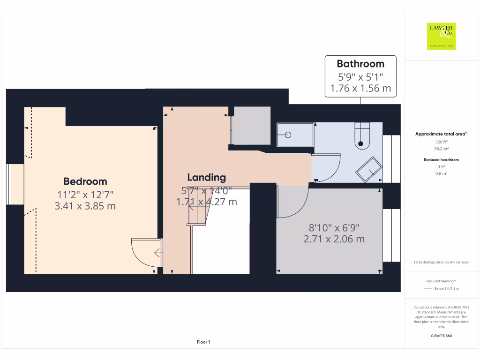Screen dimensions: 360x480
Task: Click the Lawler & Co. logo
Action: tap(441, 36)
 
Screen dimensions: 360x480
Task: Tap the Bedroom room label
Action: tap(85, 181)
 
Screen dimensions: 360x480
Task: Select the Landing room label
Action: tap(206, 177)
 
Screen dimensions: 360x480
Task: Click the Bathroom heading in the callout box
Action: tap(360, 64)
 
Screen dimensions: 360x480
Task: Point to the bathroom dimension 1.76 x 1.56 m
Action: tap(360, 88)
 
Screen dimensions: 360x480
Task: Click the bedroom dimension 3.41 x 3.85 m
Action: tap(85, 205)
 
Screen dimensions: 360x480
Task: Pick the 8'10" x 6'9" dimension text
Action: tap(334, 228)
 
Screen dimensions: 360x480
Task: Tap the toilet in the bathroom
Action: tap(362, 136)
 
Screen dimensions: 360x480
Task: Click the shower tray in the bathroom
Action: tap(295, 135)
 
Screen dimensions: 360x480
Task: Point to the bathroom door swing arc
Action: tap(328, 168)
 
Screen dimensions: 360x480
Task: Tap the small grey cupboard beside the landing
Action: tap(252, 126)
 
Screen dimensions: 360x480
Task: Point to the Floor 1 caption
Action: tap(203, 343)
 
